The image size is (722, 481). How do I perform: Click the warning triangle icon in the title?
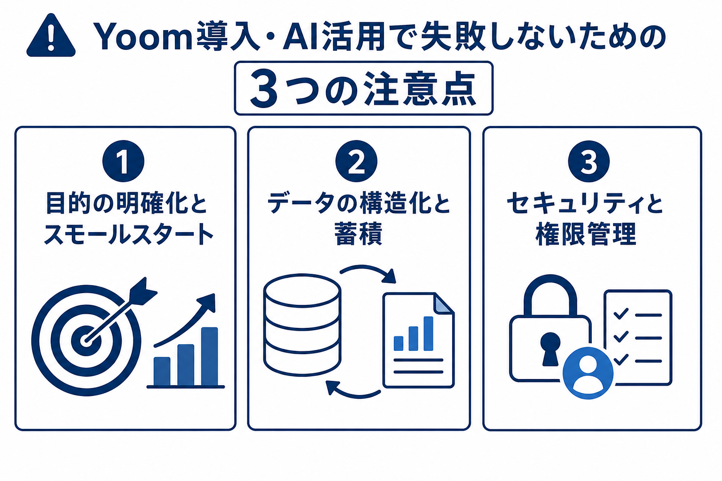(x=51, y=36)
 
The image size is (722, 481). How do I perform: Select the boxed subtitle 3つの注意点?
(x=363, y=88)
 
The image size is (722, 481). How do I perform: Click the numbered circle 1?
(x=123, y=162)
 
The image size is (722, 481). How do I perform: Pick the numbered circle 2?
(x=356, y=162)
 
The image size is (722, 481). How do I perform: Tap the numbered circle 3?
(x=589, y=162)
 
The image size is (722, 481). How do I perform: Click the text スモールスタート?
(x=128, y=234)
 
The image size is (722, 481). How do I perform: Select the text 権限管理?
(x=586, y=234)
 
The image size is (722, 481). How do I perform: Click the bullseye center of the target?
(x=86, y=341)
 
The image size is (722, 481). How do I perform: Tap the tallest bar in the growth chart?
(x=210, y=357)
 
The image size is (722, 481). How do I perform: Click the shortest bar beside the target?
(x=162, y=371)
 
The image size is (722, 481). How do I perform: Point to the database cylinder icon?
(x=302, y=325)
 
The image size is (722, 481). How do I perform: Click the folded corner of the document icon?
(x=443, y=303)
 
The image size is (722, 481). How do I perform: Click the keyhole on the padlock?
(x=550, y=349)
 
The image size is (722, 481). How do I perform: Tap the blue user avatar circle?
(x=588, y=373)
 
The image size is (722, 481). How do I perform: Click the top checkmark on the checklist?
(x=621, y=314)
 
